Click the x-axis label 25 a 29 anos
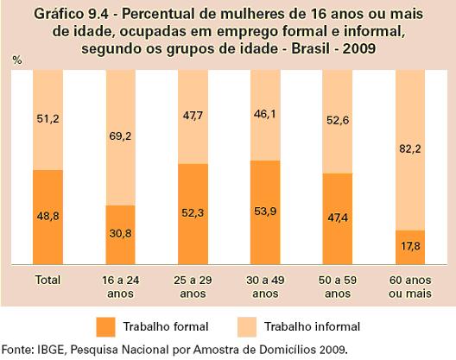193,287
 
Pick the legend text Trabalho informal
313,327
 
